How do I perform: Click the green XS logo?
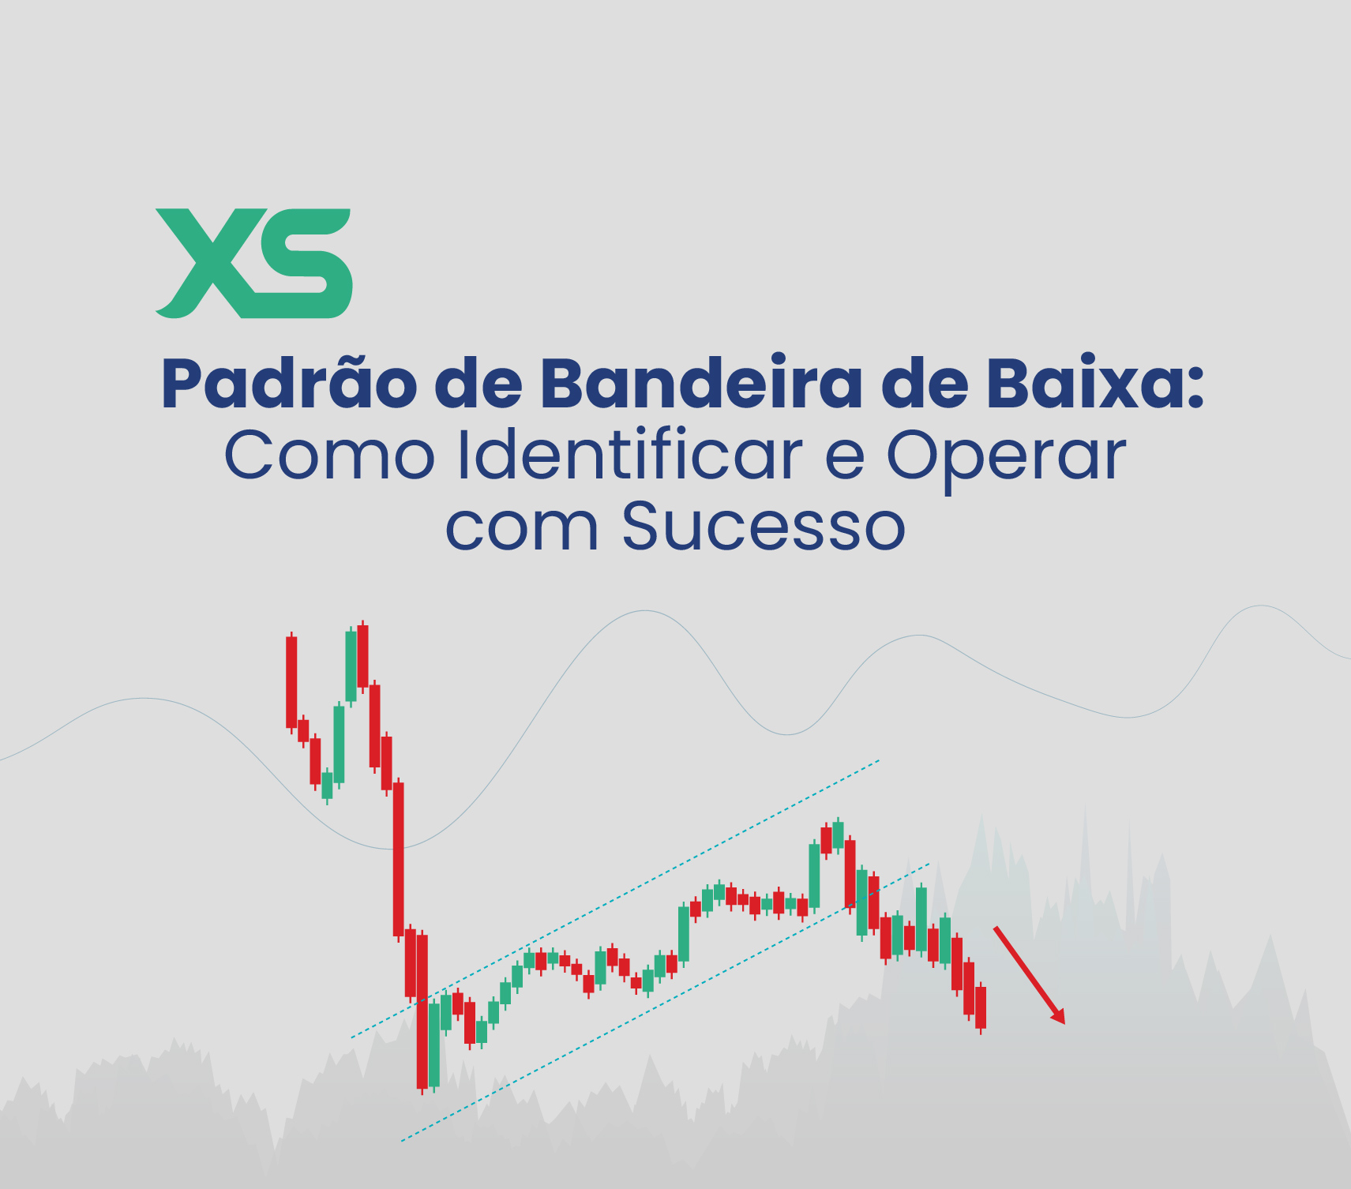click(253, 263)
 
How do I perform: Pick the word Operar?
click(1006, 458)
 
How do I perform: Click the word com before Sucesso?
click(522, 528)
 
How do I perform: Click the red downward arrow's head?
click(1058, 1016)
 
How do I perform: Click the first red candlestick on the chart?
click(291, 681)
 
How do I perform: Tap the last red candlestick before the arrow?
click(981, 1007)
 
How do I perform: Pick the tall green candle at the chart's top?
click(351, 666)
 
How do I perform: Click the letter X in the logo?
click(205, 263)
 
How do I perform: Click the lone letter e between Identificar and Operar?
click(844, 461)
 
